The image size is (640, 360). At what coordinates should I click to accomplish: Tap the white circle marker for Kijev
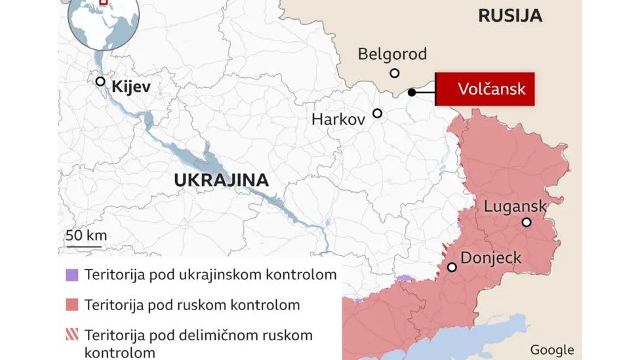100,81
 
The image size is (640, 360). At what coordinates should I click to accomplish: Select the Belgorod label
392,54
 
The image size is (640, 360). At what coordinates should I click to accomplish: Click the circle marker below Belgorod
394,73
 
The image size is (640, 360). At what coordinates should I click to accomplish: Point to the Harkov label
338,120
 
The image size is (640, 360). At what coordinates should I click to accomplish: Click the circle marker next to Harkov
378,113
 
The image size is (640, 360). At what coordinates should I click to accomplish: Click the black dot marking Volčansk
412,92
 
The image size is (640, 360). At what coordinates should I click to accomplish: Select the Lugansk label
515,207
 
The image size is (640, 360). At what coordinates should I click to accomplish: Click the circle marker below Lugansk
526,223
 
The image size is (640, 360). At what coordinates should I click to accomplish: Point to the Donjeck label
491,258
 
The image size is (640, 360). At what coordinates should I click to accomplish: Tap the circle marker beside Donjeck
452,267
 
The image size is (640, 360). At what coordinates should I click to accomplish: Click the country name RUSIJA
510,16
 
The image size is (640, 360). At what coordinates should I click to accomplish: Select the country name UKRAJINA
222,180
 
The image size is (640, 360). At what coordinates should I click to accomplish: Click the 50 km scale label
86,236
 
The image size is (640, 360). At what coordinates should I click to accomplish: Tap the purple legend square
72,275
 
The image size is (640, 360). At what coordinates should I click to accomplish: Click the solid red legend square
72,305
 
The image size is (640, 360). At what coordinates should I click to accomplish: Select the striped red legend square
72,335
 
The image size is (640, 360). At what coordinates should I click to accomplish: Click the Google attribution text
552,350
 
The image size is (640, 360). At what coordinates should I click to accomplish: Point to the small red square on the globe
103,2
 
